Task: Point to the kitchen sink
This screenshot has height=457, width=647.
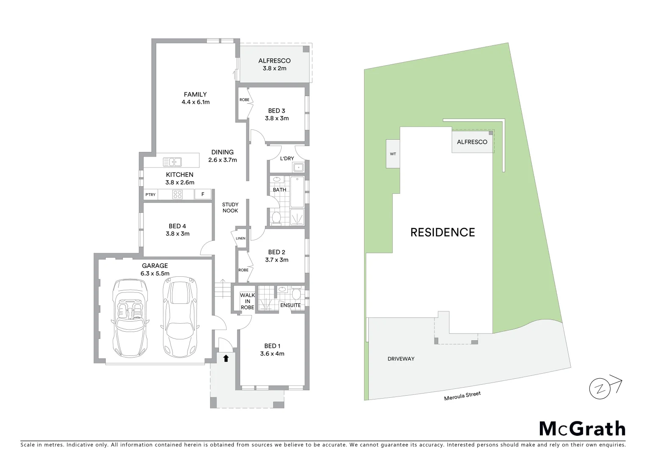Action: click(172, 162)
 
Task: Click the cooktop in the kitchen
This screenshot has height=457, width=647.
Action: click(177, 195)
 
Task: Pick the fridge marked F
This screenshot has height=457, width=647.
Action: click(203, 195)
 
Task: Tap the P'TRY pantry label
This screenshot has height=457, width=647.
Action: click(150, 195)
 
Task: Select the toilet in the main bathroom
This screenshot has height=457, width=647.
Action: click(276, 217)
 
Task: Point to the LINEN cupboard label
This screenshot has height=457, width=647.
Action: click(241, 238)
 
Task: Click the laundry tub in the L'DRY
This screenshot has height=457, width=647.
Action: click(299, 167)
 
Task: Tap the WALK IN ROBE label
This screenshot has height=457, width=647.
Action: click(247, 301)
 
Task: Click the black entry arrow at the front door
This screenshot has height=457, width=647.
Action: click(226, 358)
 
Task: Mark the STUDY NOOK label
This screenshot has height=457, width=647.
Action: click(230, 207)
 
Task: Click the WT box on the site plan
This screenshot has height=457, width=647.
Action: click(393, 154)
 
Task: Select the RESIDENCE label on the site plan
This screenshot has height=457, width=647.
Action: click(442, 232)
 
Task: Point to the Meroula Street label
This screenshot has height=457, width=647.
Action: click(462, 396)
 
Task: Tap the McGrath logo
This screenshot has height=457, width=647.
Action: click(582, 429)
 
